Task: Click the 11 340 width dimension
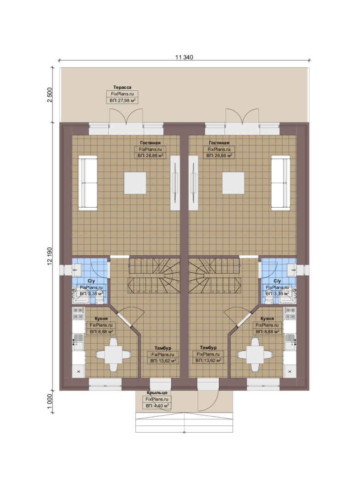[184, 57]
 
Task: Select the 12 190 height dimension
[50, 256]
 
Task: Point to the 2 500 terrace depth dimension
[50, 95]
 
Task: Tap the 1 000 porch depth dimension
[50, 401]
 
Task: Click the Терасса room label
[123, 87]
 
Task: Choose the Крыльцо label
[157, 393]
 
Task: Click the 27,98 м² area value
[123, 101]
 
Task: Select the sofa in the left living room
[88, 182]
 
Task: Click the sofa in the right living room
[280, 182]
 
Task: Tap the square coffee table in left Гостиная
[135, 183]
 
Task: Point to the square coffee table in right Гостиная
[233, 183]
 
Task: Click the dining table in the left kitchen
[113, 354]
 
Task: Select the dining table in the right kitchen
[255, 354]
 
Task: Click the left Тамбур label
[163, 347]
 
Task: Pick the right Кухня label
[267, 319]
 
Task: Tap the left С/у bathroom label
[91, 280]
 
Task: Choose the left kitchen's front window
[105, 382]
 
